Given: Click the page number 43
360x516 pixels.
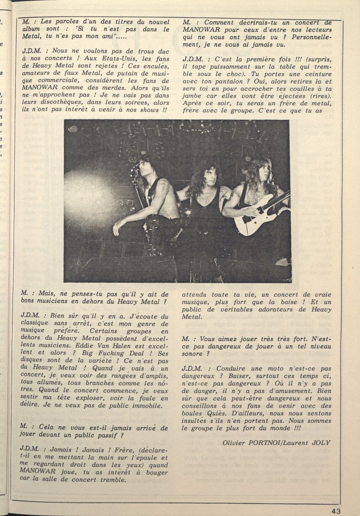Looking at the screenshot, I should pos(336,510).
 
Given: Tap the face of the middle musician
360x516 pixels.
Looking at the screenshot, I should pos(207,174).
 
